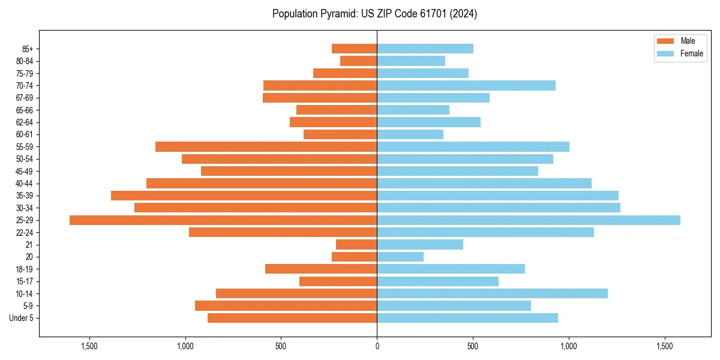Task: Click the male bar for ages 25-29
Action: (223, 220)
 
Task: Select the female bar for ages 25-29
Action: (529, 220)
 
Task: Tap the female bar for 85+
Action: (425, 49)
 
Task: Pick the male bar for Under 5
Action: (292, 318)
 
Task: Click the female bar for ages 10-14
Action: (492, 293)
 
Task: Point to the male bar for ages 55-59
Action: (266, 146)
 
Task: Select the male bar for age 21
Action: (356, 245)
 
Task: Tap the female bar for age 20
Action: (400, 257)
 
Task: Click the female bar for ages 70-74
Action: (466, 85)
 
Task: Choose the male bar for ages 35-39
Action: (244, 196)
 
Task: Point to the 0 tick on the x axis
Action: (377, 346)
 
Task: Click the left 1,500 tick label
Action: (89, 346)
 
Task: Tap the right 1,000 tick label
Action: (569, 346)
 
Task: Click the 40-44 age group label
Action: (25, 184)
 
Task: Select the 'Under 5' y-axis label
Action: (22, 318)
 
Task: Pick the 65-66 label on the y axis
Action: (25, 110)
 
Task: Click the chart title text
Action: (374, 14)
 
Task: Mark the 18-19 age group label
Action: (25, 269)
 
